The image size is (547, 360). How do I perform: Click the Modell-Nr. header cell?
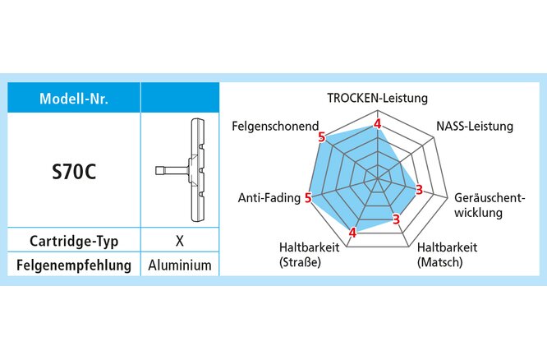point(74,99)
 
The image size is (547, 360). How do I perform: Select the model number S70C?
point(74,173)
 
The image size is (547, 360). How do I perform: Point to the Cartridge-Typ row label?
point(74,242)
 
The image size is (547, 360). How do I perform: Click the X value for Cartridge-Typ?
point(179,242)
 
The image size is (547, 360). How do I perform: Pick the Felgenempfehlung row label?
point(74,265)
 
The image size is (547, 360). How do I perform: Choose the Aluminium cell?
point(180,265)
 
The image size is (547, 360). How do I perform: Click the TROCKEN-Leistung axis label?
point(377,99)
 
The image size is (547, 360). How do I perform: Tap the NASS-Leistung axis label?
point(474,127)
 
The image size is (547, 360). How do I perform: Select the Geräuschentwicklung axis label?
point(488,206)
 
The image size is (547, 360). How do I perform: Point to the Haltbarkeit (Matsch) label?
point(446,255)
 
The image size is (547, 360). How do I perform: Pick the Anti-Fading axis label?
point(269,198)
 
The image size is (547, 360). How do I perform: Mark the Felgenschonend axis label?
point(275,127)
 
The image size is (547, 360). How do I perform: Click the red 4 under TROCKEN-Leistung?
point(378,124)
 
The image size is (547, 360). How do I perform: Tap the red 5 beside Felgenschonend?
point(321,136)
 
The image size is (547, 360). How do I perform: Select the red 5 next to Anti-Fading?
point(308,198)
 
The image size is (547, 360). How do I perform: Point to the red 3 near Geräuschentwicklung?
point(419,191)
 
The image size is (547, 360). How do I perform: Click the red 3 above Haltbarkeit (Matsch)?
point(396,219)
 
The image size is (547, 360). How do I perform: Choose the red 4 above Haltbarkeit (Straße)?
point(352,232)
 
